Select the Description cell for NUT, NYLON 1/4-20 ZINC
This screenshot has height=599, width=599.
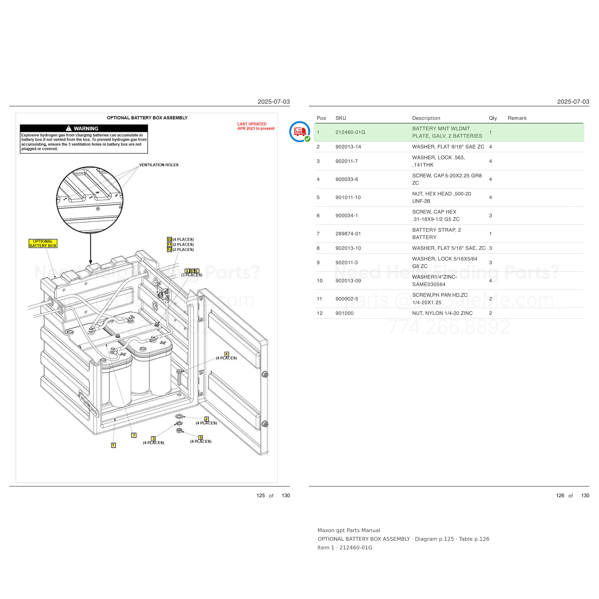pos(442,313)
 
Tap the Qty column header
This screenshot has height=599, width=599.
pos(493,118)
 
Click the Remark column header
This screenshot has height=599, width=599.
pos(517,118)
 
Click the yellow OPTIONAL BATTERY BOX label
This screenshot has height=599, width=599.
pos(43,243)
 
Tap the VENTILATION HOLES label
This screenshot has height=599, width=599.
pos(159,165)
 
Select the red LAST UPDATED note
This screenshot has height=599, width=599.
pos(256,126)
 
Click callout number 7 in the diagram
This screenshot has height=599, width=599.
pos(134,435)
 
